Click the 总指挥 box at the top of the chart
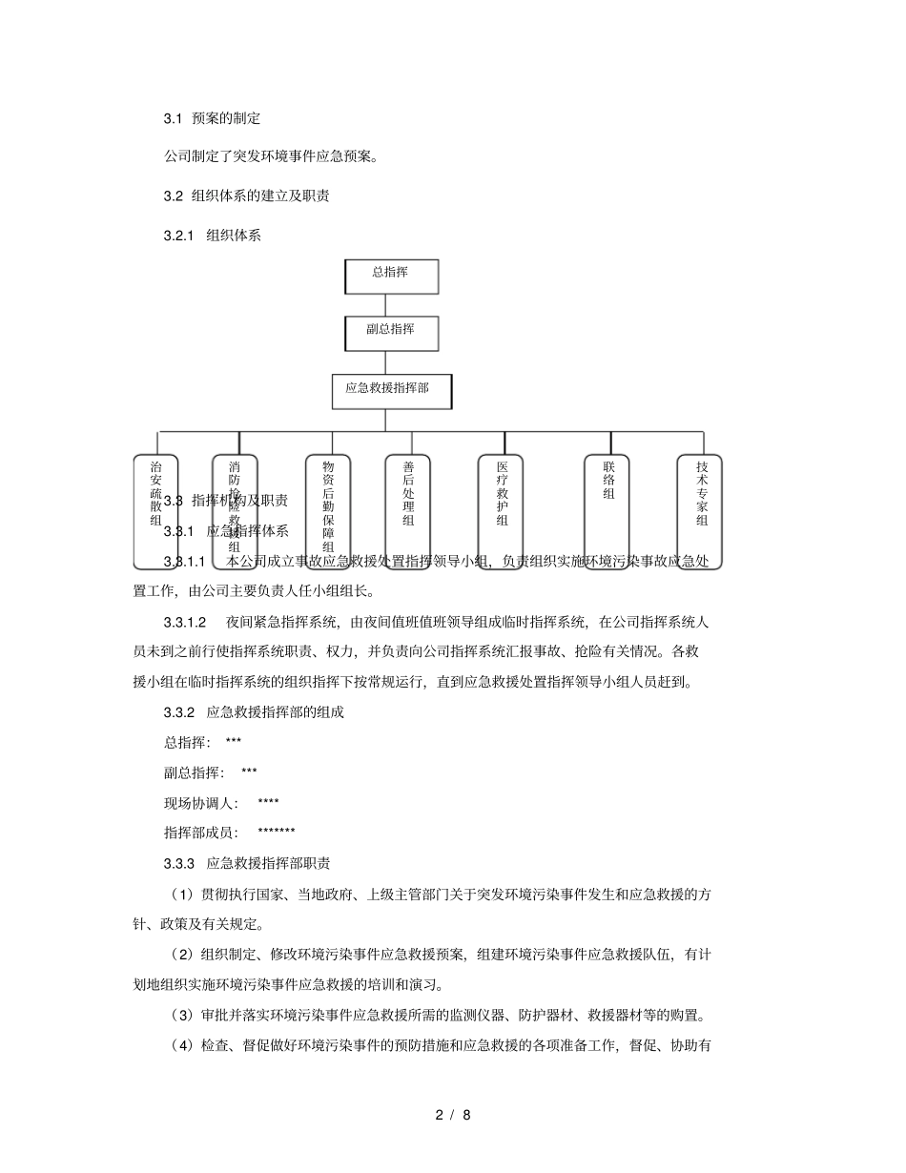click(391, 277)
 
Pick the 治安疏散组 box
click(155, 511)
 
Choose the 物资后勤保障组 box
click(327, 511)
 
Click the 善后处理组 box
click(408, 511)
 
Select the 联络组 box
click(607, 511)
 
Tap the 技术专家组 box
click(700, 511)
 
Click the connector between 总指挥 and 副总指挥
click(384, 305)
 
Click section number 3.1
click(173, 118)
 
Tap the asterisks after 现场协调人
click(268, 804)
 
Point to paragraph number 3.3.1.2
click(185, 623)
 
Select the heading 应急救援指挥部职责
click(269, 863)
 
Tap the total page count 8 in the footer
click(466, 1114)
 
